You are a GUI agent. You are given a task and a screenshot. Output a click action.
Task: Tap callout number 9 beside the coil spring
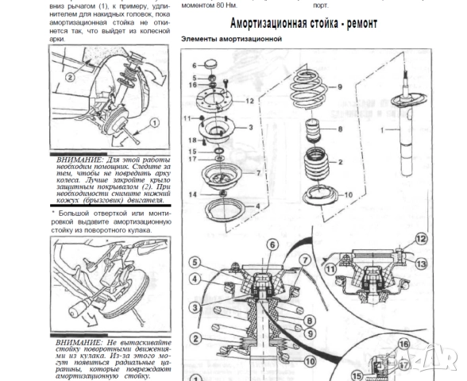point(339,87)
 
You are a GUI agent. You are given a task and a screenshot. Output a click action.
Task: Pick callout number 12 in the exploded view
point(249,101)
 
